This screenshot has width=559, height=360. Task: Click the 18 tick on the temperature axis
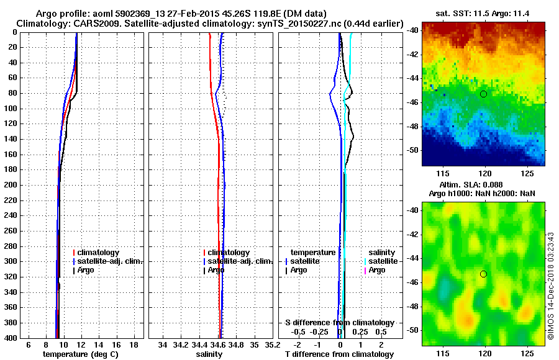point(134,344)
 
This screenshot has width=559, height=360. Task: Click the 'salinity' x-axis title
point(210,354)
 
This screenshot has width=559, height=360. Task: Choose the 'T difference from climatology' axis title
point(339,354)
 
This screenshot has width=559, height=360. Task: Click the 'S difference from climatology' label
point(339,323)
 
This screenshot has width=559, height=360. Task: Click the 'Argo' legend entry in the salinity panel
point(216,270)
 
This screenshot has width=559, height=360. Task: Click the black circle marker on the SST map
point(483,94)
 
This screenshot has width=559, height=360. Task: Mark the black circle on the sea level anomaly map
point(483,274)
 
